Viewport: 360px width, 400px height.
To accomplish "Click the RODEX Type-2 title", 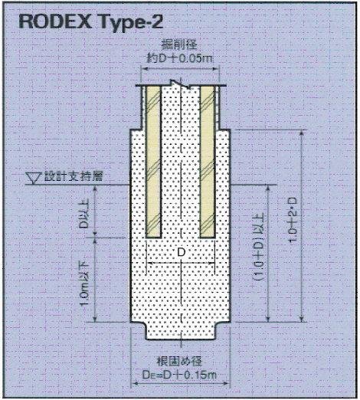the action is coord(90,22).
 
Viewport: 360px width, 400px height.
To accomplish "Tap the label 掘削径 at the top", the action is coord(180,45).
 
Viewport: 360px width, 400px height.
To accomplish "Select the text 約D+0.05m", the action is coord(180,59).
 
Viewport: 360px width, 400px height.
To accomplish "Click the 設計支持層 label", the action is coord(74,176).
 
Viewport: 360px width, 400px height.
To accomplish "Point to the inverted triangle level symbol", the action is coord(34,178).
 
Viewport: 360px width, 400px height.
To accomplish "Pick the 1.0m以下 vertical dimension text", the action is coord(84,284).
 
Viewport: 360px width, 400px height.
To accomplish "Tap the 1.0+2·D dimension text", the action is coord(293,219).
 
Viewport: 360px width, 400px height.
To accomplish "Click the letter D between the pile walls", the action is coord(181,252).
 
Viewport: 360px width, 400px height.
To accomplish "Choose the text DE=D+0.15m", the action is coord(179,375).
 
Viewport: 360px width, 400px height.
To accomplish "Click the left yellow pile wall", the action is coord(153,162).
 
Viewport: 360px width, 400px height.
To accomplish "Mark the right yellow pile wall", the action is coord(207,162).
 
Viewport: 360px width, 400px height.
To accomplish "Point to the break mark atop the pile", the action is coord(181,84).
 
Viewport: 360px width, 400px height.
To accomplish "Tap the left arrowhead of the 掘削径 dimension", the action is coord(144,68).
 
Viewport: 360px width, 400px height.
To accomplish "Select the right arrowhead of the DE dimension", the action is coord(226,383).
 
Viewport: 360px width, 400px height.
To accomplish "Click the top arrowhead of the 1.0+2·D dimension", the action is coord(302,133).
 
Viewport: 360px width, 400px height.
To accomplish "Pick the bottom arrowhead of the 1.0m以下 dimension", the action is coord(95,319).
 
